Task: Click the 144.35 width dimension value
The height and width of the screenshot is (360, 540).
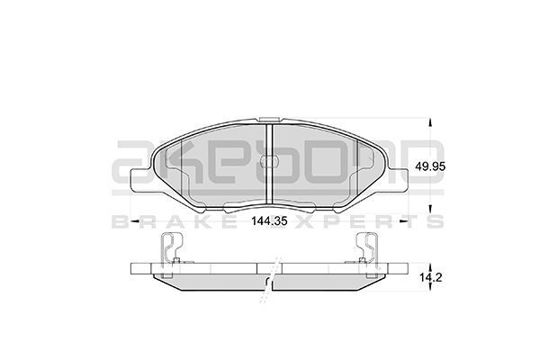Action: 269,220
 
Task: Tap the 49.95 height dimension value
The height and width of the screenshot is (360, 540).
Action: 430,166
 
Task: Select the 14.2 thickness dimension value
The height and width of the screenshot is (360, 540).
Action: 430,277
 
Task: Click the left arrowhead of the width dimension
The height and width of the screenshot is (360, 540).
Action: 135,220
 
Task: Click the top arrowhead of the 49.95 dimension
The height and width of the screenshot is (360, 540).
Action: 429,123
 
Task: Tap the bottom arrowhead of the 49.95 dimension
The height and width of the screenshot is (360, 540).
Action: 429,209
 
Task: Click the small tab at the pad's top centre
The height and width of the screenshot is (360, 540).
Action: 269,119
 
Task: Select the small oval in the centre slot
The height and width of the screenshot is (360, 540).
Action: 269,161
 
